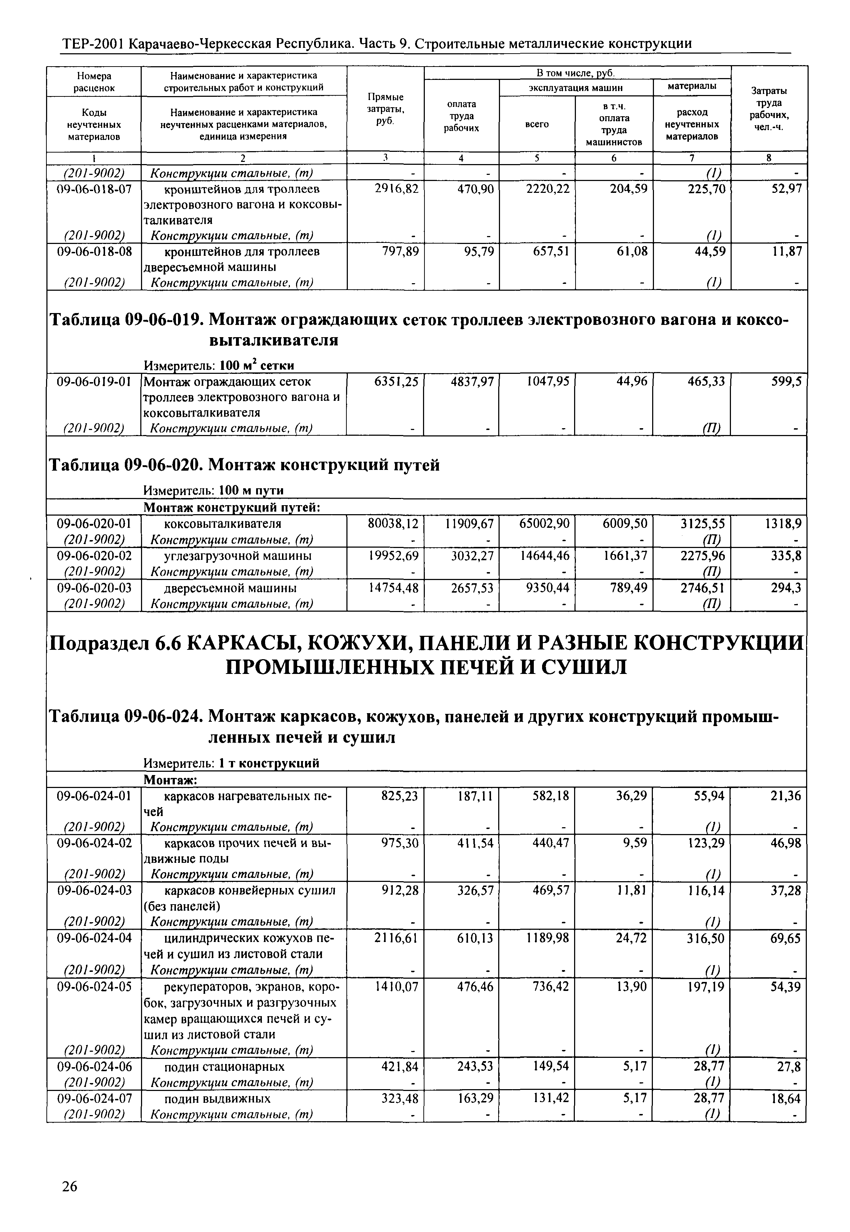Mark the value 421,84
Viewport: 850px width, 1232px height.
pos(399,1066)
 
